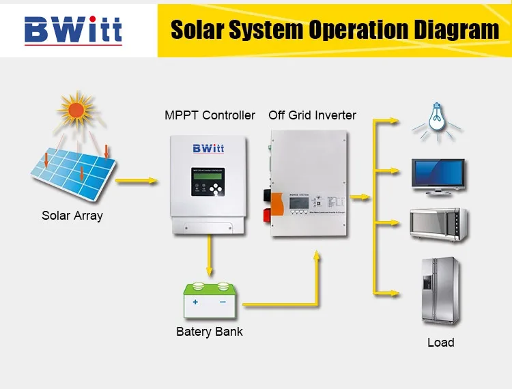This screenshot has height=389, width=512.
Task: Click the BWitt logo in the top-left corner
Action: [x=73, y=29]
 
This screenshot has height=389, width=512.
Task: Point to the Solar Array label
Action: [x=72, y=216]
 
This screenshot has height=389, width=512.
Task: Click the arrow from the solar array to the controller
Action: [x=137, y=182]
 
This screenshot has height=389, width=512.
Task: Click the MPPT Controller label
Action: [x=210, y=115]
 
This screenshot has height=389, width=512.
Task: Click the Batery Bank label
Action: [x=210, y=332]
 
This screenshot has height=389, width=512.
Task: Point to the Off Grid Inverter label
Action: [x=312, y=115]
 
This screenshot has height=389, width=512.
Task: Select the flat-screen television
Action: [x=438, y=176]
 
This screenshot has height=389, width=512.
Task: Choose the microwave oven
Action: [x=438, y=223]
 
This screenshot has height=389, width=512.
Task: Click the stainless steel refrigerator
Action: [x=438, y=291]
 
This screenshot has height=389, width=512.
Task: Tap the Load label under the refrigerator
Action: [x=440, y=343]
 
